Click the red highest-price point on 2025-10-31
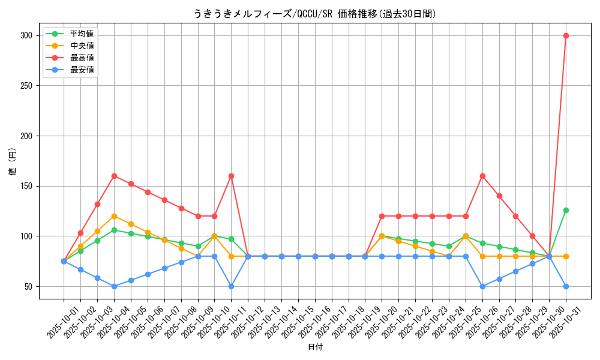[x=566, y=35]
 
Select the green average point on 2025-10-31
[x=566, y=210]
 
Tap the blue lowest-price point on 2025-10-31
[x=566, y=286]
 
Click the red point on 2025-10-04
[x=114, y=176]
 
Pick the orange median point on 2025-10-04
[x=114, y=216]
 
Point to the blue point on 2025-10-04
[x=114, y=286]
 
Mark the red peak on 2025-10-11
[x=231, y=176]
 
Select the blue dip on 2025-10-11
[x=231, y=286]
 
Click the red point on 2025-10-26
[x=482, y=176]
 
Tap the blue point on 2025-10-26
[x=482, y=286]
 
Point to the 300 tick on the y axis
[x=26, y=35]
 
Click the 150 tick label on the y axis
[x=26, y=186]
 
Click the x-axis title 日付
[x=315, y=347]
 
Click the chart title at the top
[x=315, y=14]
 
